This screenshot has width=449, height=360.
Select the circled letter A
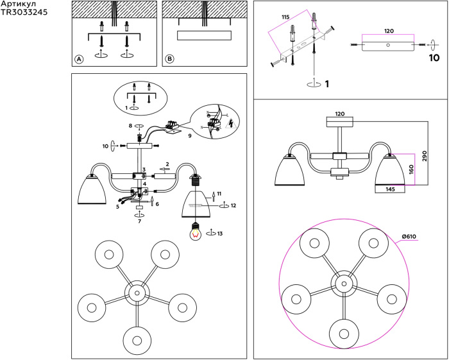(80, 59)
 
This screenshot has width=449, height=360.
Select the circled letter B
(169, 59)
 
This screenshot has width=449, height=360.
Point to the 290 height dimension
(424, 158)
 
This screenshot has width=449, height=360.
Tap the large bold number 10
(434, 58)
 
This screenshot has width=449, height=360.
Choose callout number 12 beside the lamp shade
(233, 205)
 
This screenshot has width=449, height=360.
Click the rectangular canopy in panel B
(202, 35)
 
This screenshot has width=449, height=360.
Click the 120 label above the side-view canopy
(340, 114)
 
